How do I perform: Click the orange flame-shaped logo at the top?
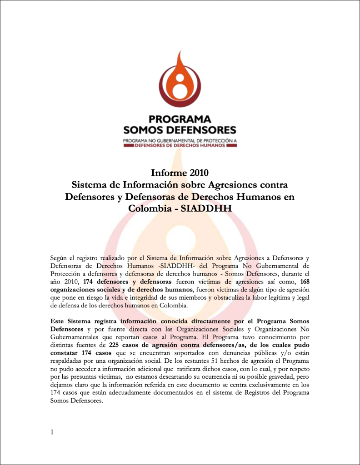(180, 81)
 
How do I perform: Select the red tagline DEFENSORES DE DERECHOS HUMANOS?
(180, 145)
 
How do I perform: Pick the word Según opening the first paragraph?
(60, 257)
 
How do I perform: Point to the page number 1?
(52, 432)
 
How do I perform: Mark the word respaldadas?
(68, 361)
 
